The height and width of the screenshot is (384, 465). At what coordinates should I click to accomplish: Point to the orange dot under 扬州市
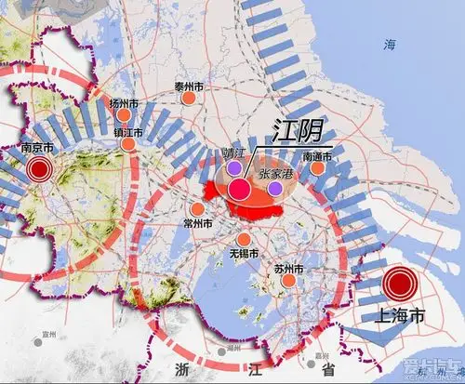pyautogui.click(x=124, y=115)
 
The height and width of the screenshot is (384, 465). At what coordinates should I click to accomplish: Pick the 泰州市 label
pyautogui.click(x=189, y=86)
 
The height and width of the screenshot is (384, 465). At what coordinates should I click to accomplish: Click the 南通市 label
pyautogui.click(x=318, y=156)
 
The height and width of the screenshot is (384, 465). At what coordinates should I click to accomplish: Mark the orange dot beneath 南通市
pyautogui.click(x=318, y=169)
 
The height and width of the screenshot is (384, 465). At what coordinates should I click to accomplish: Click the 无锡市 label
pyautogui.click(x=244, y=254)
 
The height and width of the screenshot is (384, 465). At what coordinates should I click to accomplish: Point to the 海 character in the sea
pyautogui.click(x=392, y=44)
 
